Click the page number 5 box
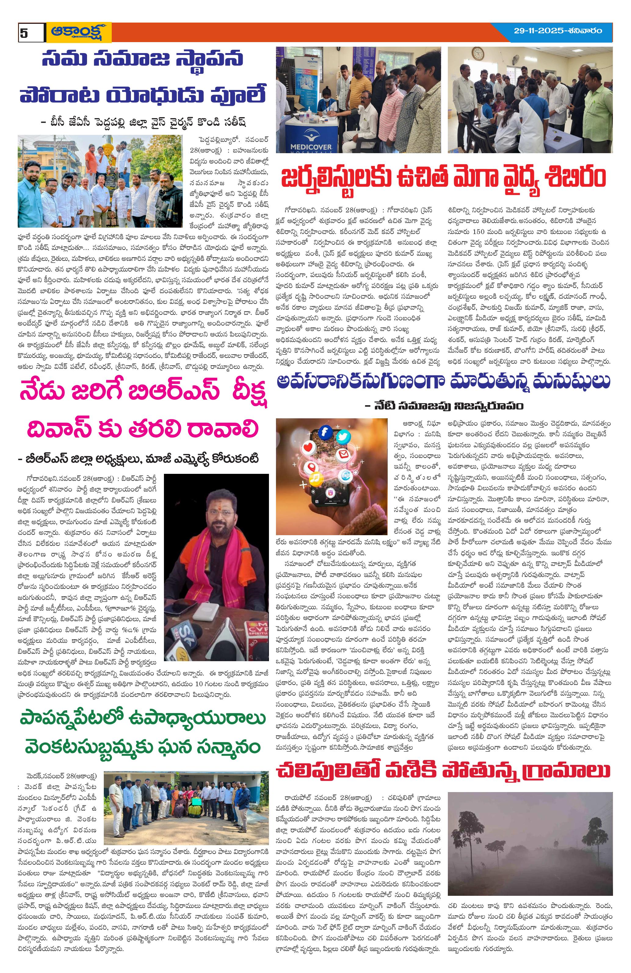[31, 33]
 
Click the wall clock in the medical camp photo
[477, 54]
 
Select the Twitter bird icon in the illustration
[342, 437]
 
